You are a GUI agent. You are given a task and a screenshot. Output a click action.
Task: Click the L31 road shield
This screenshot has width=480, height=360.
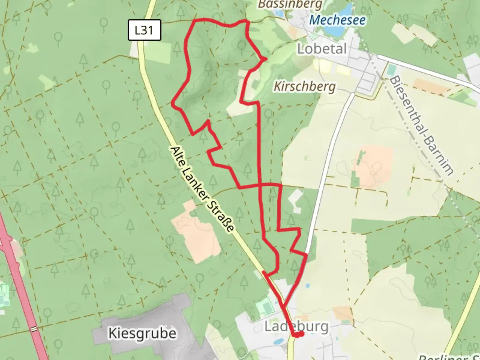tap(144, 30)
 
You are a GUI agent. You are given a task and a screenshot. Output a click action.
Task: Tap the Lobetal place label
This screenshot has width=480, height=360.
tap(322, 49)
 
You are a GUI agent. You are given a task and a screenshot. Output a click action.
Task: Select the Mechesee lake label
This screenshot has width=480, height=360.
tap(337, 20)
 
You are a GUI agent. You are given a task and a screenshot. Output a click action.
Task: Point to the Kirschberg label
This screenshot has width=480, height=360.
tap(304, 87)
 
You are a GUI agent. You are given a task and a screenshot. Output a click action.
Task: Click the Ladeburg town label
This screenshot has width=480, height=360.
tap(296, 326)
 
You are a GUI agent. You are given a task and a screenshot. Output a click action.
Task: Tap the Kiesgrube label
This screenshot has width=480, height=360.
tap(142, 333)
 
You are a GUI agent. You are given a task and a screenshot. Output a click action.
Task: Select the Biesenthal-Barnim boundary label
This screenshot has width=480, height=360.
tap(422, 126)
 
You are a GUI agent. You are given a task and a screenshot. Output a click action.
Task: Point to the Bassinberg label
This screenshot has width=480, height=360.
tap(290, 4)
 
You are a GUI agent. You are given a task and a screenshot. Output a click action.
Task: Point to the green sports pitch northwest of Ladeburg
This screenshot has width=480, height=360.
tap(264, 306)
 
